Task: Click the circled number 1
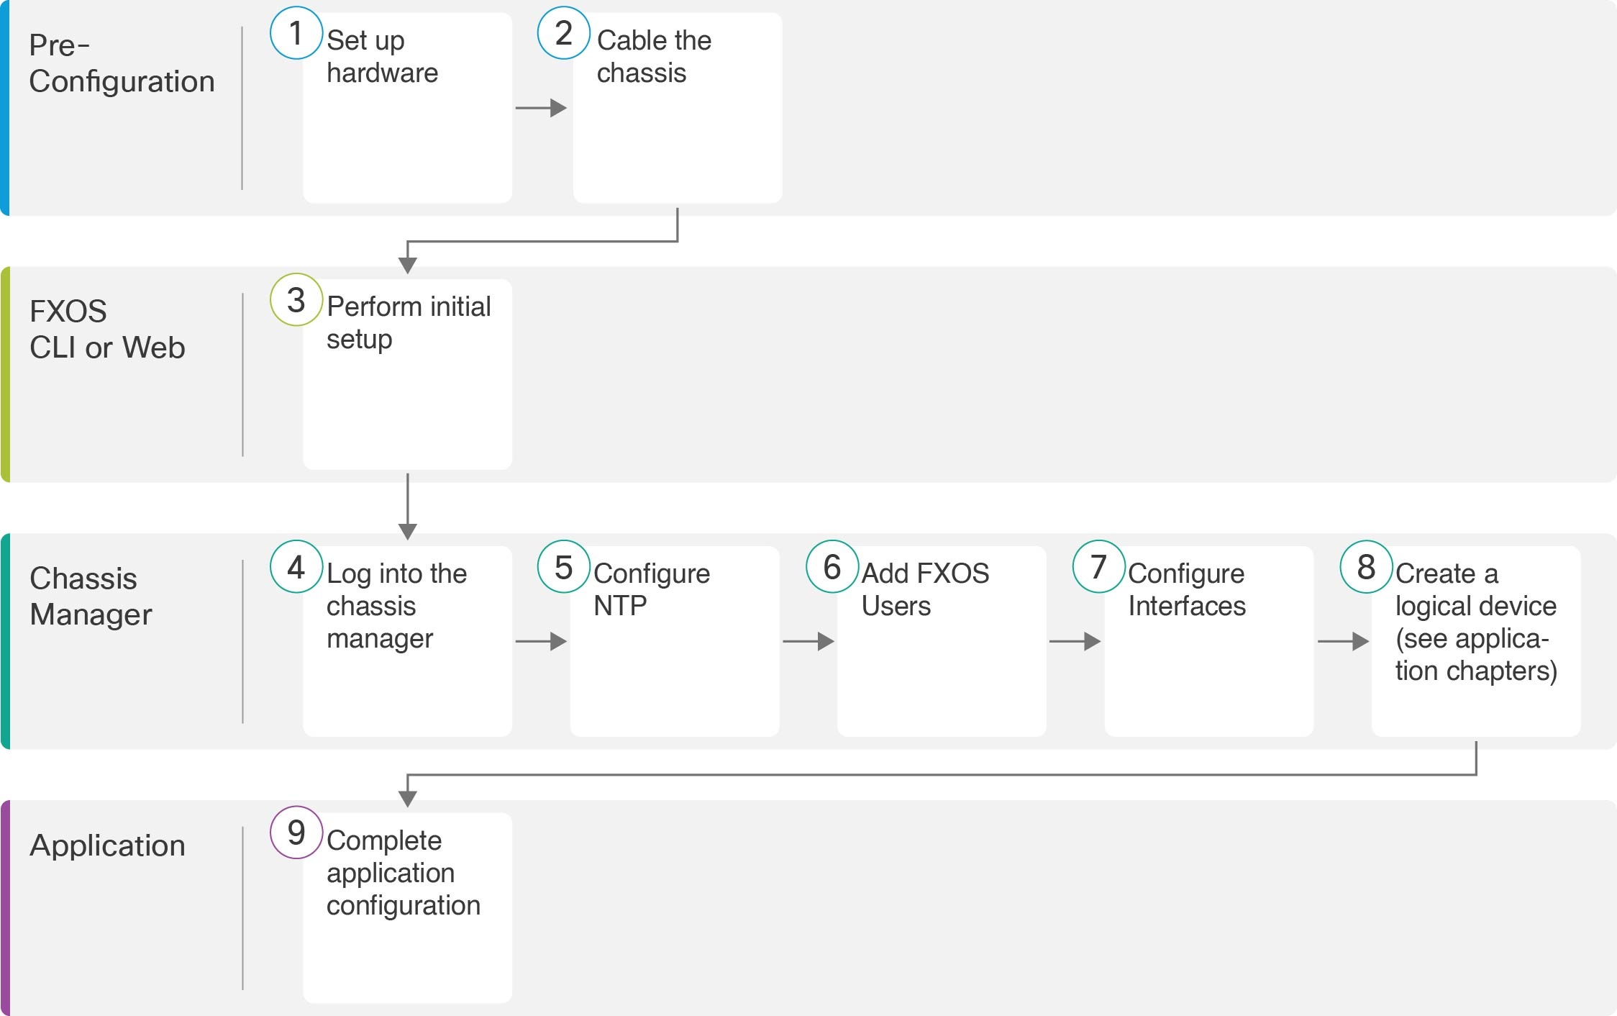296,33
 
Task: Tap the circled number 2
564,33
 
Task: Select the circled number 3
296,300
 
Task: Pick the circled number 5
564,567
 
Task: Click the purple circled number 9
296,833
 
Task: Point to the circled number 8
1366,567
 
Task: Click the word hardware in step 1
382,73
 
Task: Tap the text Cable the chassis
653,56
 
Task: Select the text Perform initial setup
408,322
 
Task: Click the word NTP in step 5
619,606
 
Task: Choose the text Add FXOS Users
925,589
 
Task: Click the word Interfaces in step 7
1186,606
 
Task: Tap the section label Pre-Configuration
121,63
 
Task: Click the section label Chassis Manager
91,597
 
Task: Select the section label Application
107,845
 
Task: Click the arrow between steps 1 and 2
541,108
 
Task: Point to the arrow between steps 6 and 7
1075,641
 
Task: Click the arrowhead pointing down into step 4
408,531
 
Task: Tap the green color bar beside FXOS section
5,374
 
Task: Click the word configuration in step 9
403,905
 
